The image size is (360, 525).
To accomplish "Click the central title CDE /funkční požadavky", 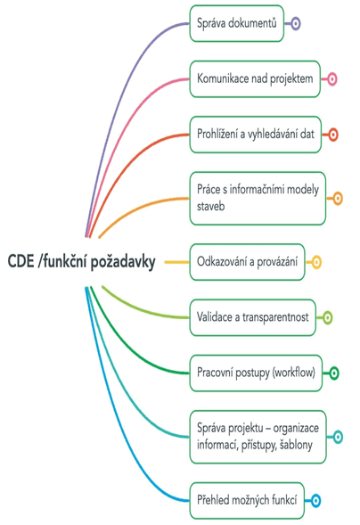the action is coord(81,261).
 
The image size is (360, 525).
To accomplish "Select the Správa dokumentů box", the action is coord(237,23).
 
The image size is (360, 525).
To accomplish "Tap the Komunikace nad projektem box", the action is coord(255,79).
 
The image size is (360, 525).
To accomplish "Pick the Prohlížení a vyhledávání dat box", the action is coord(256,135).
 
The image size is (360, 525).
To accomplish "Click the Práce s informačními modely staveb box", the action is coord(258,198).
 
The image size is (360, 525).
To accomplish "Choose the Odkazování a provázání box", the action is coord(247,262).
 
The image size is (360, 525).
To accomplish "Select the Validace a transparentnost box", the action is coord(252,317).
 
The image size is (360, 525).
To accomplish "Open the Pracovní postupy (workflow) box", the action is coord(256,373).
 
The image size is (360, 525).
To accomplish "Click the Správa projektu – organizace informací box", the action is coord(258,437).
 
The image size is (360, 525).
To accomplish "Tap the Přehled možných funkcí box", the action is coord(247,501).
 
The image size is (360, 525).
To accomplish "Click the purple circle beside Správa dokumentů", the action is coord(295,23).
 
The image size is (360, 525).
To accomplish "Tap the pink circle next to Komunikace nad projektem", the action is coord(331,79).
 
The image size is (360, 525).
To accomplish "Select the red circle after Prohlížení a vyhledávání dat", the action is coord(333,135).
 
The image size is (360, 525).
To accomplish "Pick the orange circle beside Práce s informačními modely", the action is coord(338,198).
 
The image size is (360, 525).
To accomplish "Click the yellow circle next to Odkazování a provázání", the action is coord(316,262).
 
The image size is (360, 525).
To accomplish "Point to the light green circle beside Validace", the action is coord(328,317).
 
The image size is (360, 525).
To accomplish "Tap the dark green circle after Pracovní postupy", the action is coord(334,373).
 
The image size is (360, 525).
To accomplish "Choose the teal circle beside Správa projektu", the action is coord(338,437).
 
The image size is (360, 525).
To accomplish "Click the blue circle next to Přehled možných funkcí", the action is coord(315,501).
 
